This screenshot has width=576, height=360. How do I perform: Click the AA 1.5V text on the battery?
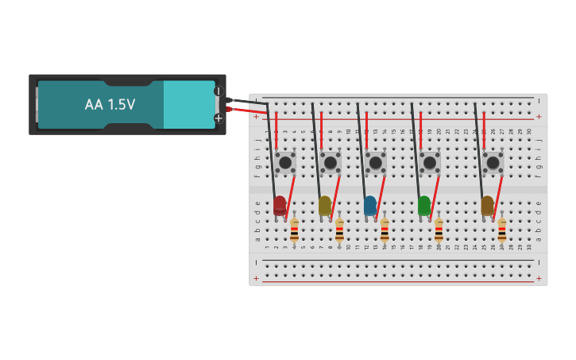110,104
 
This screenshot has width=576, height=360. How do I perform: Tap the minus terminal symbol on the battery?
218,91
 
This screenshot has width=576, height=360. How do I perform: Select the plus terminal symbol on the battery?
218,118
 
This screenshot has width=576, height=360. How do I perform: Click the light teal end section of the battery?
188,104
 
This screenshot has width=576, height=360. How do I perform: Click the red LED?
280,206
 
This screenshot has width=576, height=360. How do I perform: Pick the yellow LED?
325,206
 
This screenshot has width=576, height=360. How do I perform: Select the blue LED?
370,206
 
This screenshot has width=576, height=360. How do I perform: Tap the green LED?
424,206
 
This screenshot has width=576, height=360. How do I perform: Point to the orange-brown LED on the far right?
487,206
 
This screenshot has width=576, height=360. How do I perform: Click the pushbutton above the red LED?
285,162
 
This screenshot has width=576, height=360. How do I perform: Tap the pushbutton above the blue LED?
375,162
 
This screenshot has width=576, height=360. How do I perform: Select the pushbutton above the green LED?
430,162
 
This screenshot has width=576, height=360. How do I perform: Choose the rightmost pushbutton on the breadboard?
493,162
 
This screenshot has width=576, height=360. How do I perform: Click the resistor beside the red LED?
294,232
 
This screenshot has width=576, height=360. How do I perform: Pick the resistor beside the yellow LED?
339,232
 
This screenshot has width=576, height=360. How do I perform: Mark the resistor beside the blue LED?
385,232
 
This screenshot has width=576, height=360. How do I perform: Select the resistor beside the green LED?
439,232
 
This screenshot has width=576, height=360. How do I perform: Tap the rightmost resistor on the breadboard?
501,232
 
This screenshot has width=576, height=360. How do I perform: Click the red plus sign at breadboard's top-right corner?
539,117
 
